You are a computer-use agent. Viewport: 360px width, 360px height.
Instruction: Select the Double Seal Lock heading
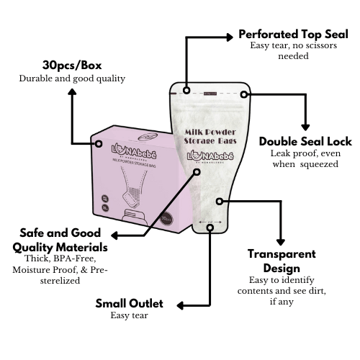305,141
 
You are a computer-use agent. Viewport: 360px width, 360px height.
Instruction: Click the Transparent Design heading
282,261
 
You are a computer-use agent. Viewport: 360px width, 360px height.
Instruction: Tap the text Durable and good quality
72,78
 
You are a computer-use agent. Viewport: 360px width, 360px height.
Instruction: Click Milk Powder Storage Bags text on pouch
208,138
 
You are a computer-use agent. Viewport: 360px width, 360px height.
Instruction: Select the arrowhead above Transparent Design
280,241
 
